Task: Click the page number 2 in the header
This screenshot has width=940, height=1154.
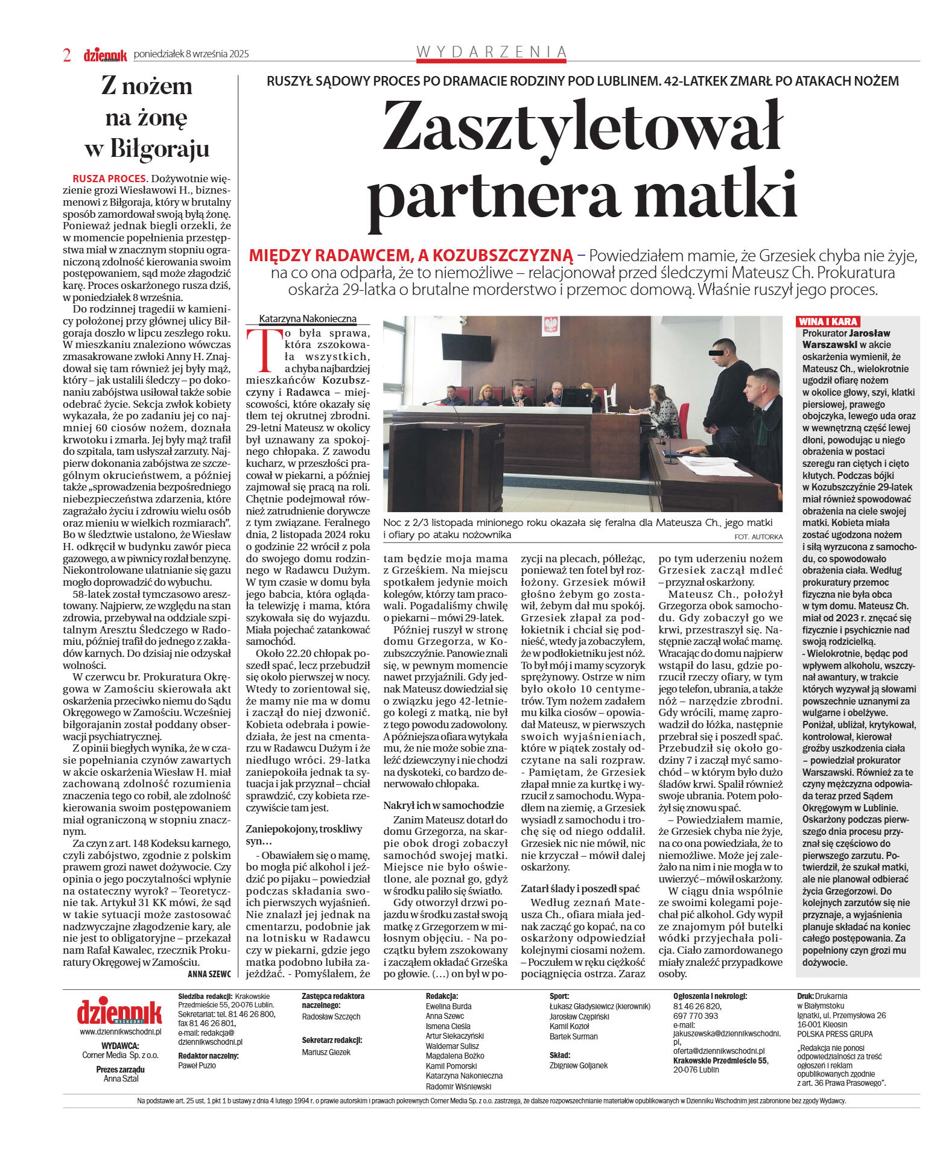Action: pos(67,55)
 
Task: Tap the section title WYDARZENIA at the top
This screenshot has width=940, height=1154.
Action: pos(492,52)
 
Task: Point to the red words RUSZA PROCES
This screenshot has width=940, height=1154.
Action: pos(109,179)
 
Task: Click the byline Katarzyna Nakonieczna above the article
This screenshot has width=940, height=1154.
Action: pos(308,319)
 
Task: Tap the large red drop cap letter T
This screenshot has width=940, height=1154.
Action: pos(264,350)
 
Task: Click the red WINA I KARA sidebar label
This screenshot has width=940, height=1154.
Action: pos(828,322)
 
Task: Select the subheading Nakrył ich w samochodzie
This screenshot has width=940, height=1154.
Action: pos(443,805)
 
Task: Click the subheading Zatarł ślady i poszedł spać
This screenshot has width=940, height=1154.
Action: pos(580,889)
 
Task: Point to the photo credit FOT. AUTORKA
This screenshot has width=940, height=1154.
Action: pos(758,536)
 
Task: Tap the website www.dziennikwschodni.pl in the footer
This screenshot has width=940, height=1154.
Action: pos(120,1032)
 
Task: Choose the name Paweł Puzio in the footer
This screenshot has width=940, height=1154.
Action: pos(197,1065)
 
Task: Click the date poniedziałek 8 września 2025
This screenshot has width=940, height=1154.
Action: pos(191,54)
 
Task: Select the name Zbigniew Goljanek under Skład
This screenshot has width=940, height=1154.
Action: pos(579,1065)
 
